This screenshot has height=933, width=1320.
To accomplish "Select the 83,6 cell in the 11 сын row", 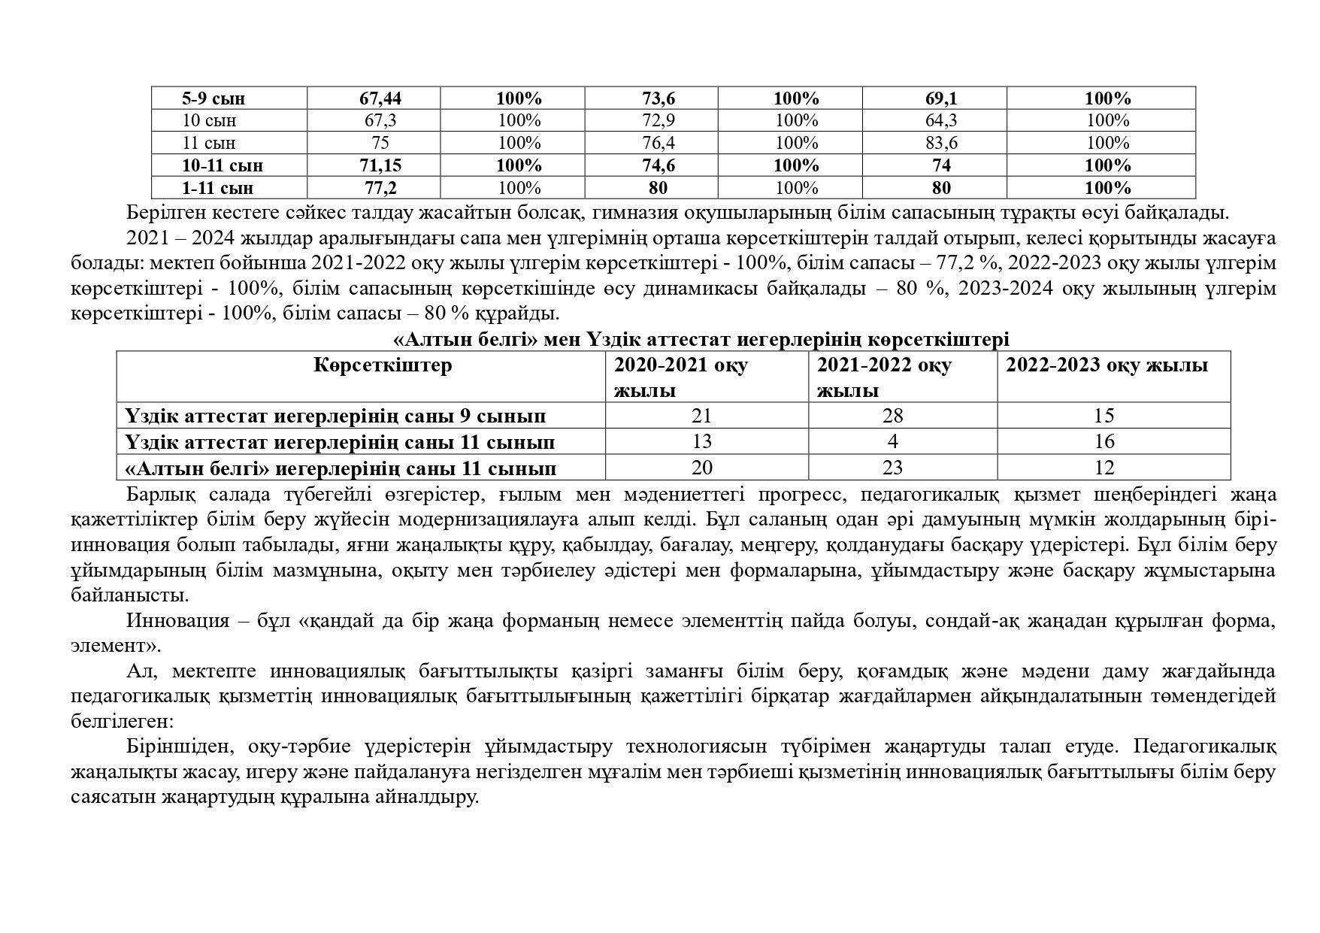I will click(x=941, y=143).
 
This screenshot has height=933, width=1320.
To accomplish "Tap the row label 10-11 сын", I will click(x=223, y=165).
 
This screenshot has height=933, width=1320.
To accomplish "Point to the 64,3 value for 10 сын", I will click(x=941, y=120).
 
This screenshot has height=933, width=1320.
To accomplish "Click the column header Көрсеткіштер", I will click(x=383, y=365).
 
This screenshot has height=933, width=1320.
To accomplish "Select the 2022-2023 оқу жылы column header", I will click(x=1107, y=365).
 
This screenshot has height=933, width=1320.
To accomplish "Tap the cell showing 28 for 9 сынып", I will click(x=892, y=416).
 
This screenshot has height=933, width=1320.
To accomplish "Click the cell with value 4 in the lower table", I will click(x=892, y=441).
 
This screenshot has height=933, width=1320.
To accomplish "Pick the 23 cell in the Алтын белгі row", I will click(x=892, y=468).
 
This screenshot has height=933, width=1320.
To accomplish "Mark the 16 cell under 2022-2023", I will click(x=1104, y=441).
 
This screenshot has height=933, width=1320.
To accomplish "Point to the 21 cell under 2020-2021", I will click(x=701, y=416).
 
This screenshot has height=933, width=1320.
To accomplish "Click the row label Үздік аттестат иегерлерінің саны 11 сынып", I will click(x=340, y=442).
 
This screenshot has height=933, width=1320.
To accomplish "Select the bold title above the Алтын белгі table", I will click(x=701, y=340).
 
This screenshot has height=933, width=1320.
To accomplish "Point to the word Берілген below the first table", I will click(x=162, y=213).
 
